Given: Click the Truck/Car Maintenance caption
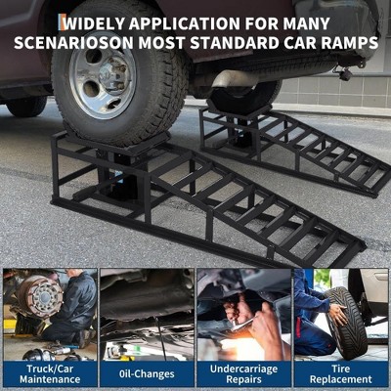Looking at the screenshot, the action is (x=50, y=374).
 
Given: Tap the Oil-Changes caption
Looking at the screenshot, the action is (x=147, y=374).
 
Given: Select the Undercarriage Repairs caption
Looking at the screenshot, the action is (x=243, y=374).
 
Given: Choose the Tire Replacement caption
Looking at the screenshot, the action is (x=341, y=374).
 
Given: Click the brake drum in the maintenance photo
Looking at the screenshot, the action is (x=41, y=296).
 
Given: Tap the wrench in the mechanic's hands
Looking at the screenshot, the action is (x=242, y=325).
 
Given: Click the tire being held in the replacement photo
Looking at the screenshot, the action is (x=345, y=323).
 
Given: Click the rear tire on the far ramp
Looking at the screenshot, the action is (x=244, y=98).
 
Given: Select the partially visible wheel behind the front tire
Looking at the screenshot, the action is (x=26, y=106).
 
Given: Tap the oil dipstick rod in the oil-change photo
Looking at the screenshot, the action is (x=161, y=339).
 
